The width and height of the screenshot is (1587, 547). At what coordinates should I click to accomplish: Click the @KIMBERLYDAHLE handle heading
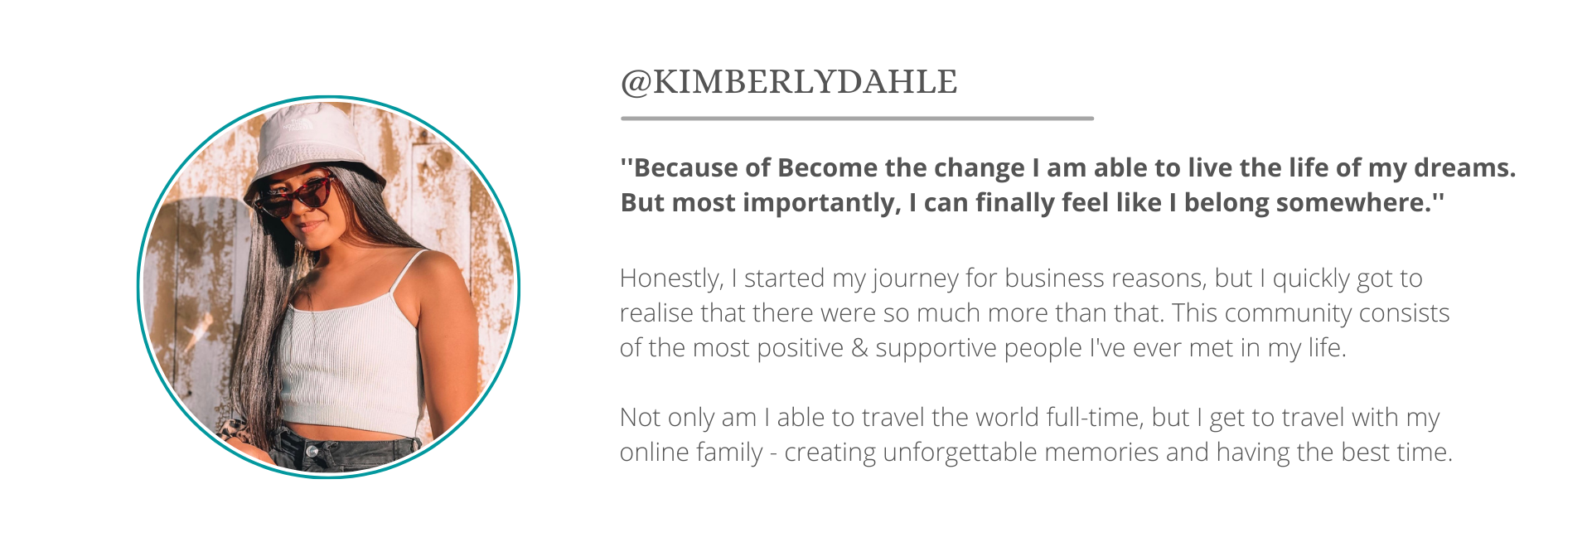pos(789,82)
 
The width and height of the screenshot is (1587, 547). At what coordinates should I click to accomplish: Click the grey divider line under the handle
pos(857,119)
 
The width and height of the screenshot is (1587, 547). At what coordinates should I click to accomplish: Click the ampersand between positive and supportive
pos(859,348)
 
